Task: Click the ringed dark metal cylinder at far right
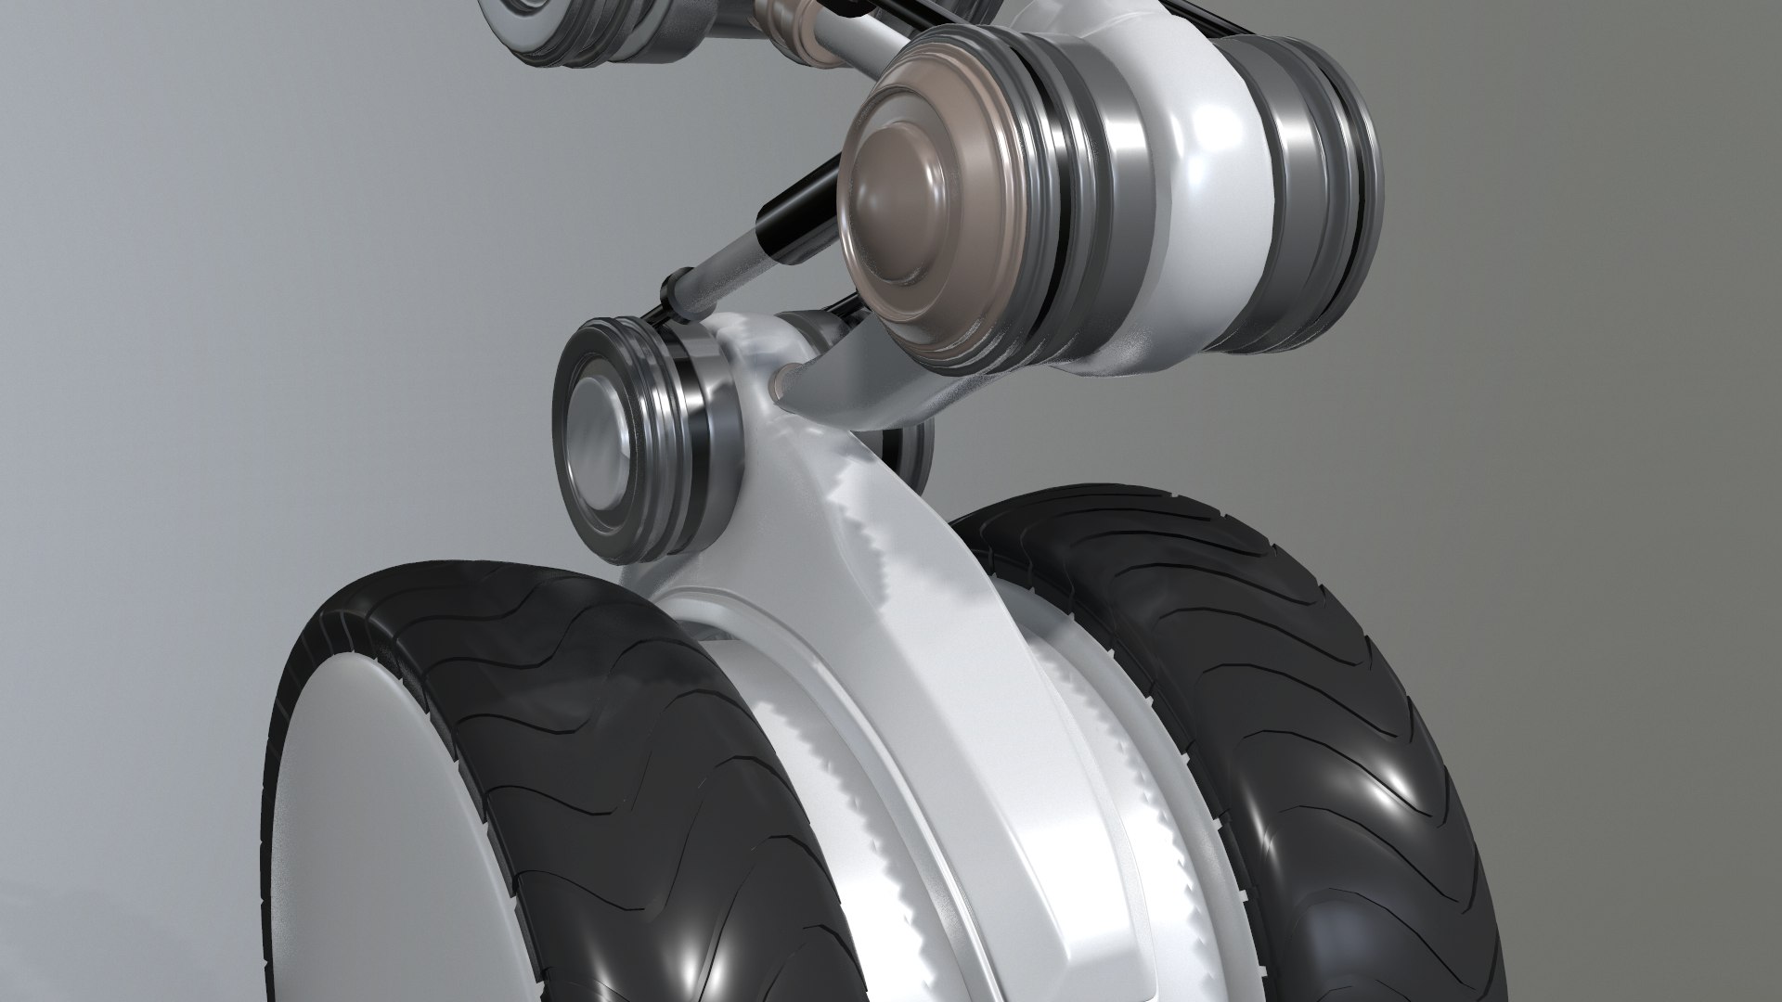1318,195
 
